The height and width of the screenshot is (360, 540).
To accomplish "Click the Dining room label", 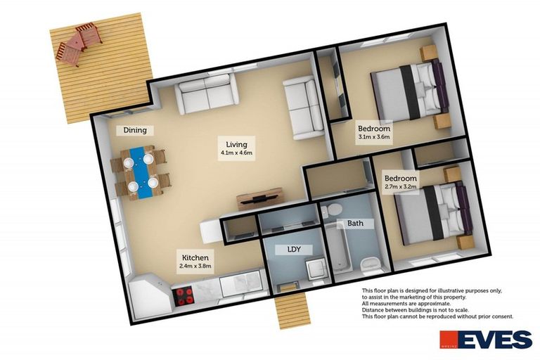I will (135, 130).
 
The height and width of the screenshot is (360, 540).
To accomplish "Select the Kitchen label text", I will (195, 258).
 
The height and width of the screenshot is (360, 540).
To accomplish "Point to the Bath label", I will (355, 224).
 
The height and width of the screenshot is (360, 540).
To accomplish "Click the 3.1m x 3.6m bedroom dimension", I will (373, 138).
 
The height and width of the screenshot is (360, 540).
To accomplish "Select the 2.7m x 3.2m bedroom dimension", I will (400, 188).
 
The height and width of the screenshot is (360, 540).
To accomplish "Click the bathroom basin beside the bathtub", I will (371, 264).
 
